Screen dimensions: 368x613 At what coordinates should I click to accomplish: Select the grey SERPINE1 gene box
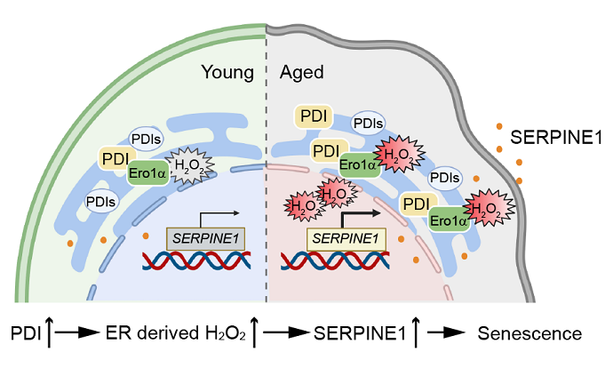206,238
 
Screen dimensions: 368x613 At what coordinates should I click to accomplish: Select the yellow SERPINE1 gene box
346,238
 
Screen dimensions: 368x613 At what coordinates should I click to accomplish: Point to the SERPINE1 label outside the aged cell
554,138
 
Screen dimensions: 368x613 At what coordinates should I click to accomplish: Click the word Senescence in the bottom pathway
530,334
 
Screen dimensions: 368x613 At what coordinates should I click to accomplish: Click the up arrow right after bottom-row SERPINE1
410,334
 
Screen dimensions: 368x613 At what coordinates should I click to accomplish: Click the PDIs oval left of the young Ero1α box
100,202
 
